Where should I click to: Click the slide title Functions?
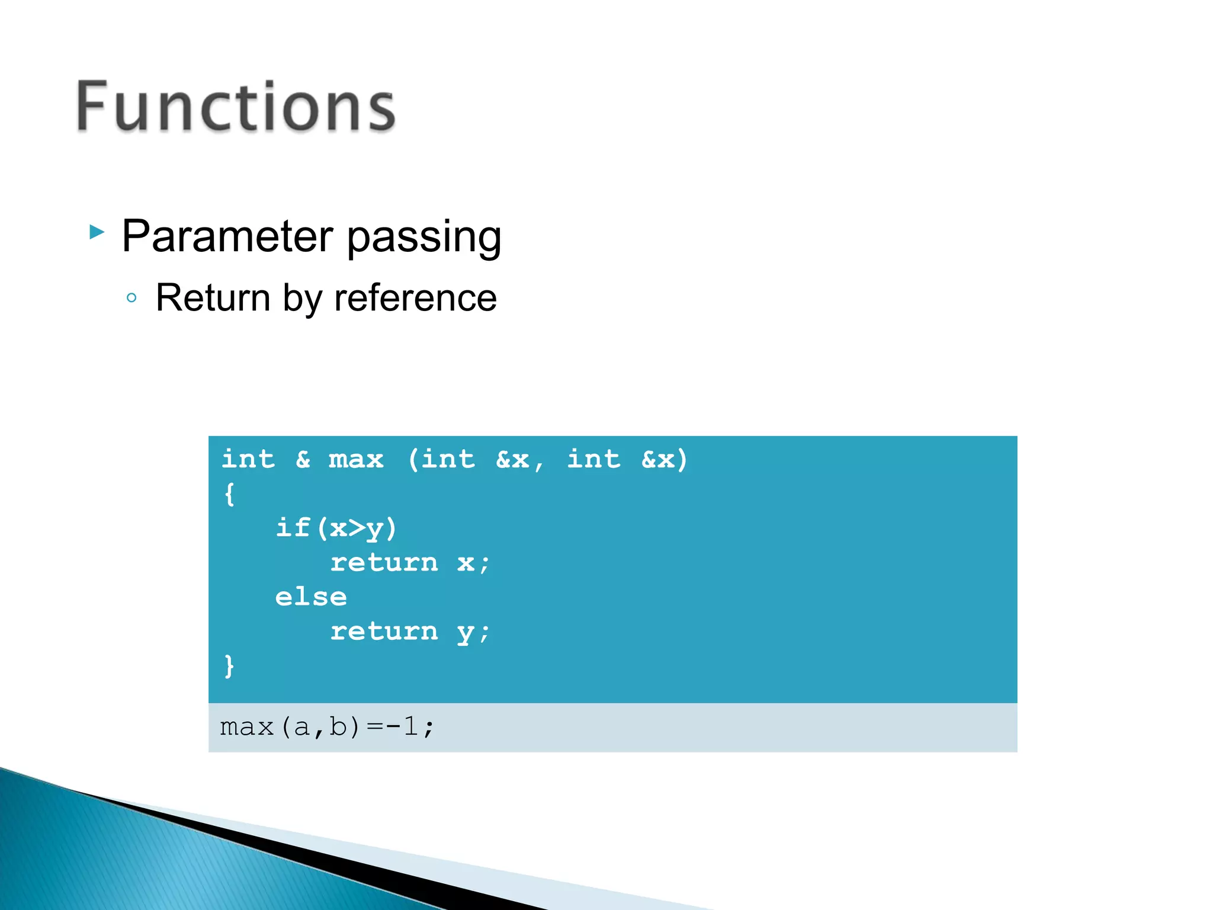point(236,107)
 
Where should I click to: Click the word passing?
point(424,236)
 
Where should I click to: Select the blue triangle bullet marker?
point(97,232)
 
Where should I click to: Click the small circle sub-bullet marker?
point(132,298)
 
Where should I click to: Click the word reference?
point(415,298)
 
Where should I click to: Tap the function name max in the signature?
point(356,460)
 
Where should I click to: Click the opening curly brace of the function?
point(230,494)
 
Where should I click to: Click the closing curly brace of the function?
point(230,666)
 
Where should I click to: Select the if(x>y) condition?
point(336,528)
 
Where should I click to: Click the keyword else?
point(311,597)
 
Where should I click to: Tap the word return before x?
point(384,563)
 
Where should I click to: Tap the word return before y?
point(384,632)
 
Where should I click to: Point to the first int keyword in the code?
point(248,460)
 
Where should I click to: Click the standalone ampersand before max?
point(303,460)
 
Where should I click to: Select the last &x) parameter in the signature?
point(665,460)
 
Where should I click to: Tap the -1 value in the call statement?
point(402,726)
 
